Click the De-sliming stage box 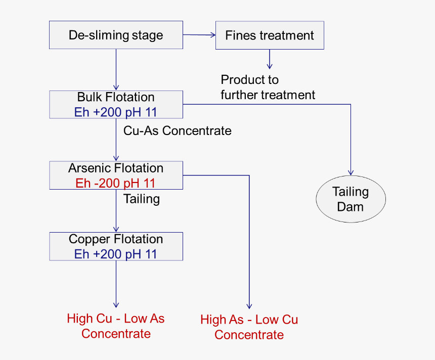pos(116,35)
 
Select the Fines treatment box pos(270,35)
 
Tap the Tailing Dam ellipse pos(351,199)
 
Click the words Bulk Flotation pos(116,97)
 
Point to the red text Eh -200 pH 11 pos(116,183)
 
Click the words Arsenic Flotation pos(116,168)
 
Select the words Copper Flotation pos(116,239)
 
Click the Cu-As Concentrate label pos(178,131)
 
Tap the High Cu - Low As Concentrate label pos(116,326)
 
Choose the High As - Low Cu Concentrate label pos(249,327)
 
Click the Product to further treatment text pos(268,87)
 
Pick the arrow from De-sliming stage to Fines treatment pos(199,35)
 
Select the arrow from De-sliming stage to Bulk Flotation pos(116,69)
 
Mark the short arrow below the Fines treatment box pos(270,59)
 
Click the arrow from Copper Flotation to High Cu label pos(116,283)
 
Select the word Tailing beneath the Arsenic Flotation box pos(142,199)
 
